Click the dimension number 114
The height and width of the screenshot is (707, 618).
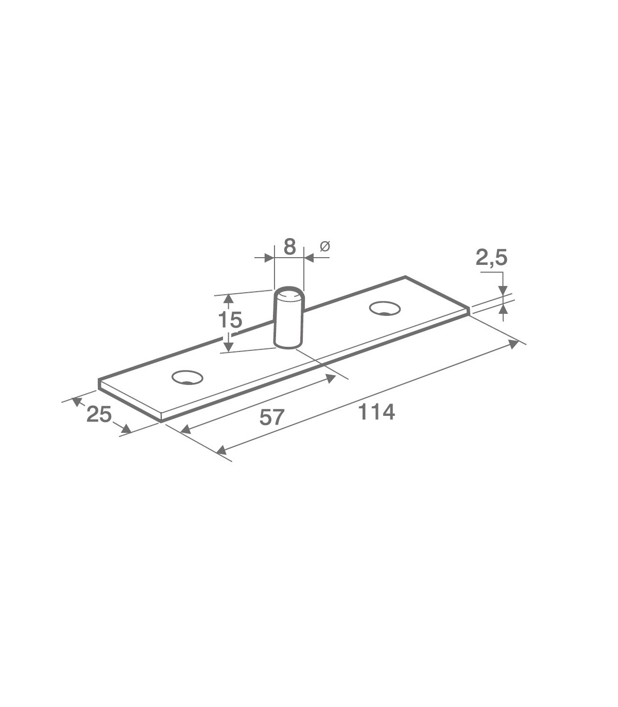(x=376, y=412)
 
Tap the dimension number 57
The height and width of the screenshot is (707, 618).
(x=271, y=417)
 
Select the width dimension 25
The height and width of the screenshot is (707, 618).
(x=99, y=414)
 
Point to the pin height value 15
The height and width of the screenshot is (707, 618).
(x=230, y=320)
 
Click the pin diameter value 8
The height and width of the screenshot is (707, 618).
(x=289, y=247)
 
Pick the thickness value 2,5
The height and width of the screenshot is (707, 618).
(x=492, y=258)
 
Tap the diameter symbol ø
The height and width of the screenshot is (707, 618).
(x=325, y=246)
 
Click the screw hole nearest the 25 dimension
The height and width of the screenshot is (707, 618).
(x=187, y=377)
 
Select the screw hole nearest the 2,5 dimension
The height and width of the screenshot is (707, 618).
(x=385, y=308)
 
